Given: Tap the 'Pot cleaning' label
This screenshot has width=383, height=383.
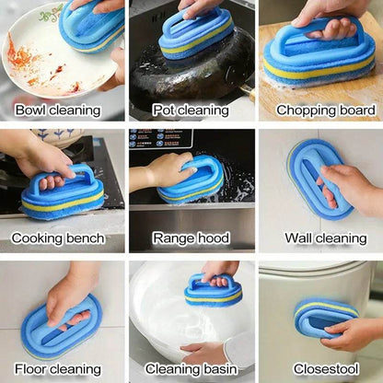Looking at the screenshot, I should pyautogui.click(x=191, y=110).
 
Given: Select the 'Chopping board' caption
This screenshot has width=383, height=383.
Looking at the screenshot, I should pyautogui.click(x=320, y=110).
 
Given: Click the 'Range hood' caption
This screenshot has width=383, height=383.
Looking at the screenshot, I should pyautogui.click(x=191, y=238).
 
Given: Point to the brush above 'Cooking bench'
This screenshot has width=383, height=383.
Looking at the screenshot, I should pyautogui.click(x=62, y=191).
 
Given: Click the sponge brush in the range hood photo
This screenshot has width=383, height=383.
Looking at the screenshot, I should pyautogui.click(x=191, y=182).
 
